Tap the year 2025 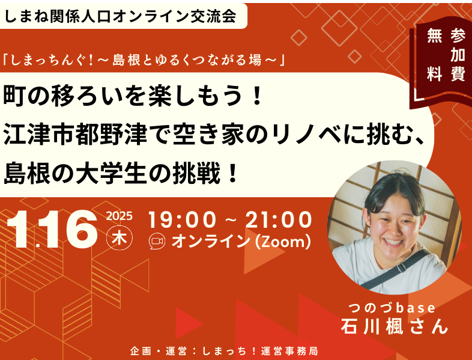tap(120, 216)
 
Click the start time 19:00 tap(182, 219)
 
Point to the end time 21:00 tap(279, 219)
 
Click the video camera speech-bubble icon tap(157, 242)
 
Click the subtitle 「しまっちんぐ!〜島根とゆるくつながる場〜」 tap(144, 61)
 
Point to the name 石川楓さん tap(395, 326)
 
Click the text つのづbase tap(392, 308)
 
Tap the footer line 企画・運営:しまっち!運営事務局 tap(224, 351)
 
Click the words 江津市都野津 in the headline tap(75, 135)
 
